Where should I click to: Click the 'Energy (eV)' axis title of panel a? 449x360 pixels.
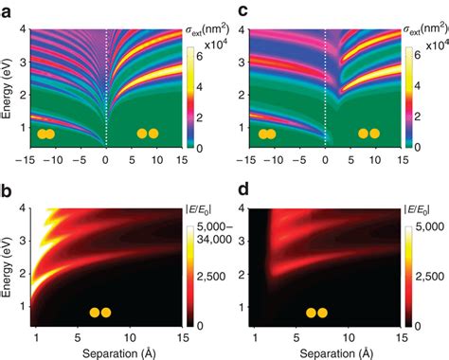click(x=9, y=90)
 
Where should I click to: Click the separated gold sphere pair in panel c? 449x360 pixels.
click(x=367, y=134)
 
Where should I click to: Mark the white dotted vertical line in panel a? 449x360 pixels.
click(x=106, y=85)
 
